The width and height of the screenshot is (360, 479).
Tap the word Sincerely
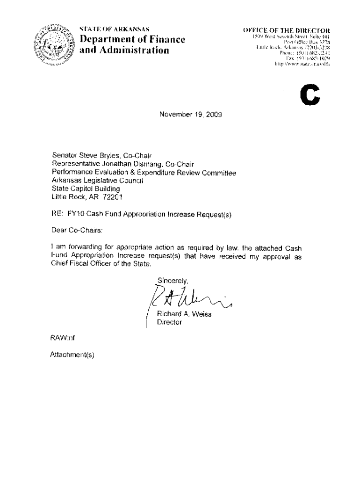point(172,281)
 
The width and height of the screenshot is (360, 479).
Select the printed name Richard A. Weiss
point(184,314)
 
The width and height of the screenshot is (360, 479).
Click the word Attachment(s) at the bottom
point(72,354)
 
